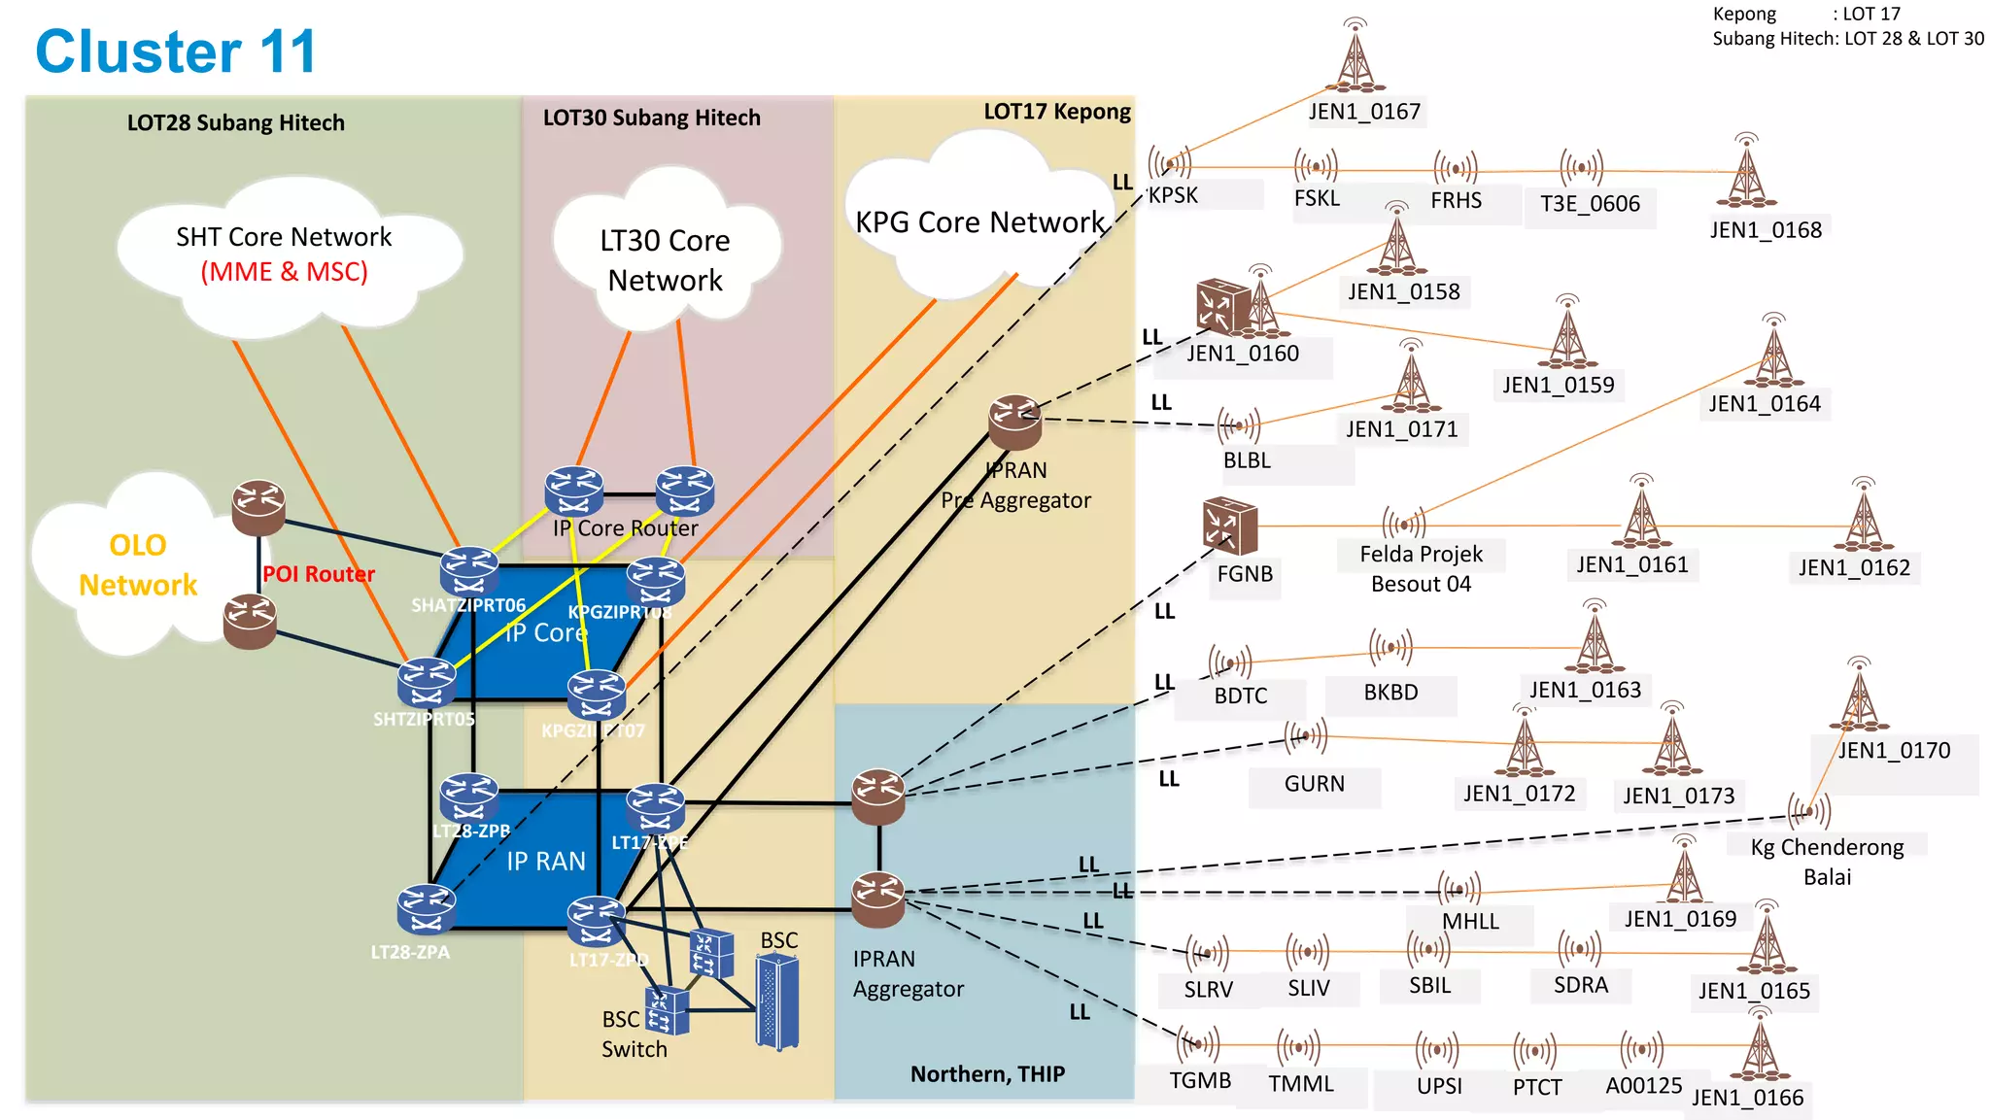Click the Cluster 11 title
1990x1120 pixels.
176,51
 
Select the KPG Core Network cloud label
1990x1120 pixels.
979,222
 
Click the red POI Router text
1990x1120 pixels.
318,574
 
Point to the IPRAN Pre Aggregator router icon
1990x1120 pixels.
1014,422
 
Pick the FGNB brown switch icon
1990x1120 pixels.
1229,526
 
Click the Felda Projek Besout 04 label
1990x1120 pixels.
1420,568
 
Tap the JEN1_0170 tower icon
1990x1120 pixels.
1859,696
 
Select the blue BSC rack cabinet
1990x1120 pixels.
776,1001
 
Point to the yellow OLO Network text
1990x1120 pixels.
138,564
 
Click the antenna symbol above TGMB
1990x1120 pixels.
1197,1044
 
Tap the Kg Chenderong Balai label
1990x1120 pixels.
1827,861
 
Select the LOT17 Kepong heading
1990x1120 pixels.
1056,112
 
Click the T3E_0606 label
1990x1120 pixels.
1590,204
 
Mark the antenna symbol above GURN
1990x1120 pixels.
1307,736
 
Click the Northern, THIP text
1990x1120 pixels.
987,1073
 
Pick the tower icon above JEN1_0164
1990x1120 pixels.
1773,355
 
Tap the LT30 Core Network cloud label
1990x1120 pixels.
665,260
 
